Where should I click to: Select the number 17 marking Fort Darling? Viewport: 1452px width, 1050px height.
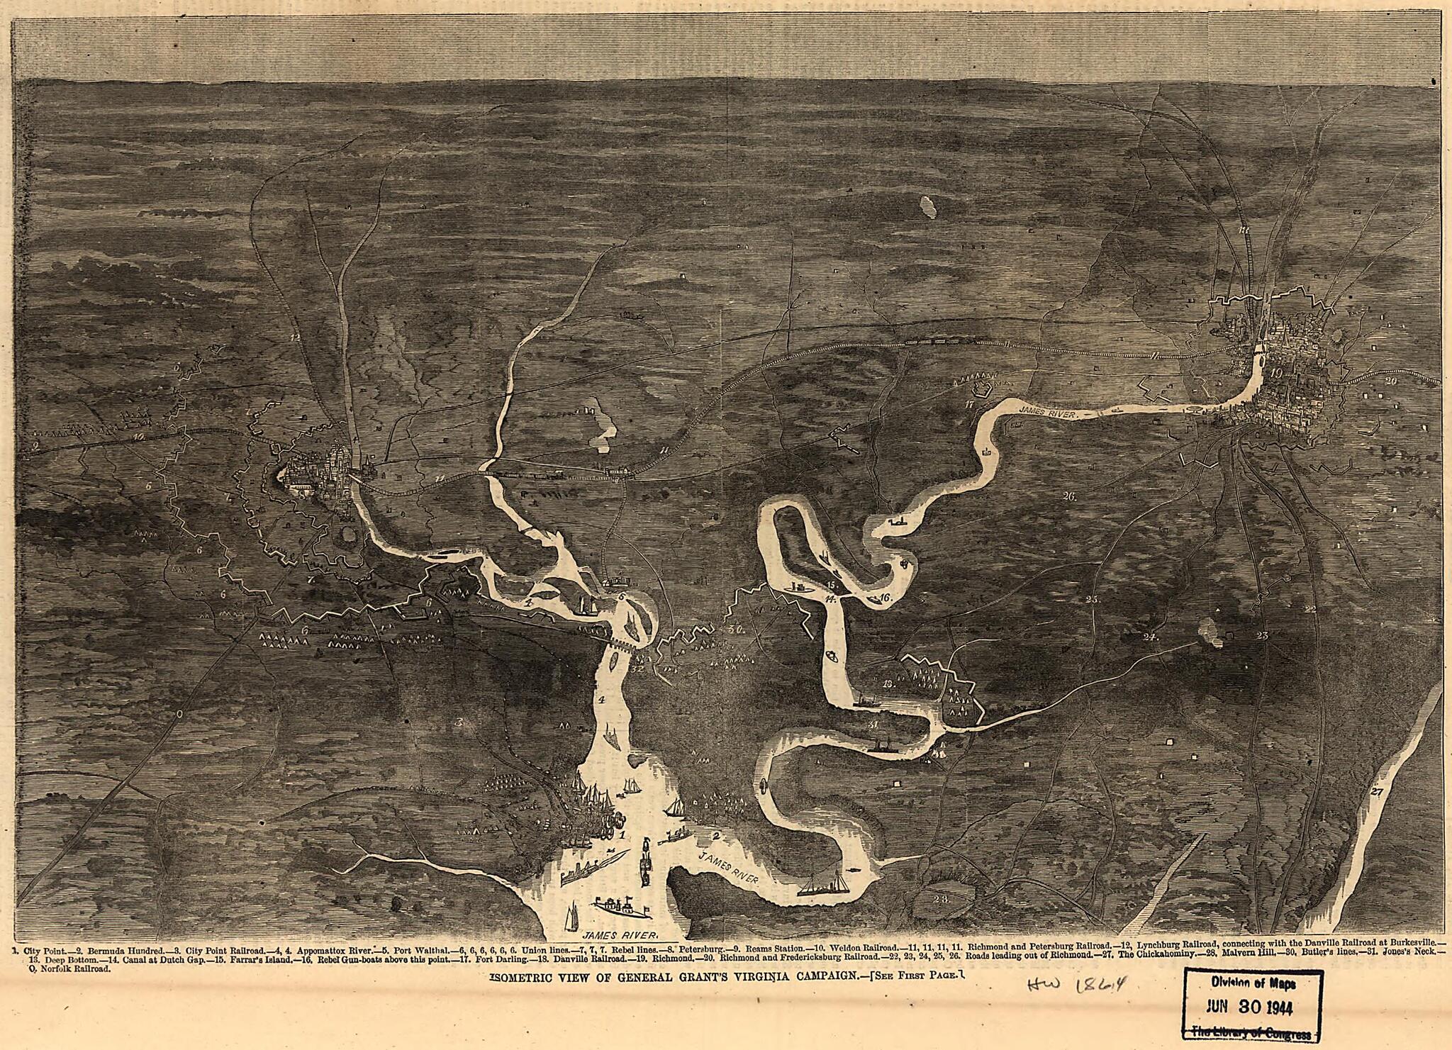point(971,405)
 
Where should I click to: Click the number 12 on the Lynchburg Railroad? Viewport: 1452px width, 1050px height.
point(295,337)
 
